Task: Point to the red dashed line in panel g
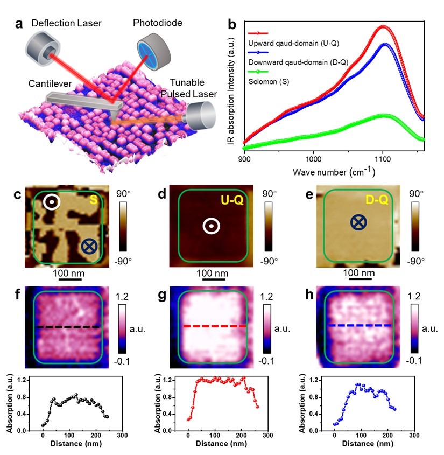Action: tap(214, 326)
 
